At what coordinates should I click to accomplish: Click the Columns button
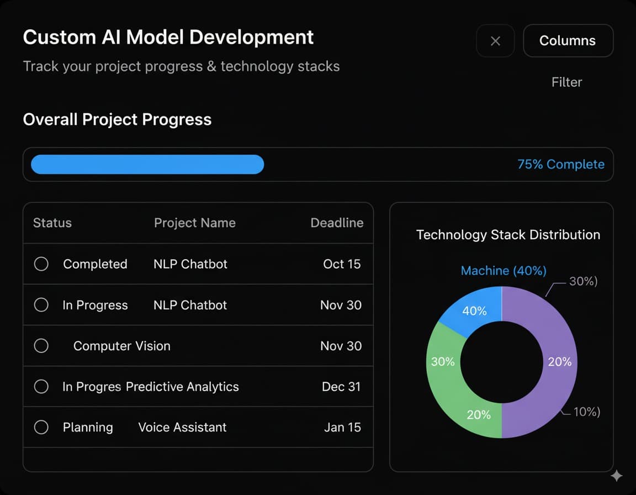pyautogui.click(x=568, y=41)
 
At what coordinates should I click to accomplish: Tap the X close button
pyautogui.click(x=495, y=41)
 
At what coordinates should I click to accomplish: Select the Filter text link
pyautogui.click(x=566, y=82)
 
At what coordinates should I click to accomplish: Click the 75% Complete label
pyautogui.click(x=560, y=165)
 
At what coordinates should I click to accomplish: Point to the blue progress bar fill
pyautogui.click(x=147, y=165)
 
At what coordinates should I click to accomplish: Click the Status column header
pyautogui.click(x=52, y=223)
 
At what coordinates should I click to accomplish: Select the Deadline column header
pyautogui.click(x=337, y=223)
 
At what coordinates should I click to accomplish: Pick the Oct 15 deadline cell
pyautogui.click(x=342, y=264)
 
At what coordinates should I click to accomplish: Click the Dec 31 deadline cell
pyautogui.click(x=341, y=387)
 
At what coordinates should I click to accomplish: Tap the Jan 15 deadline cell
pyautogui.click(x=342, y=428)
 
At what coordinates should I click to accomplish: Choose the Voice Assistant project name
pyautogui.click(x=182, y=428)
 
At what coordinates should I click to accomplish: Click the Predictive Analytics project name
pyautogui.click(x=182, y=387)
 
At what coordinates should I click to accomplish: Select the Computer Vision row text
pyautogui.click(x=122, y=346)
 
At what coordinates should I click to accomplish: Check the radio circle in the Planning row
pyautogui.click(x=41, y=428)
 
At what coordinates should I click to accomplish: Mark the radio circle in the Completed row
pyautogui.click(x=41, y=264)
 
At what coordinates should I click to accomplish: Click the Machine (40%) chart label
pyautogui.click(x=504, y=271)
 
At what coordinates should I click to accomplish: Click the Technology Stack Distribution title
pyautogui.click(x=508, y=235)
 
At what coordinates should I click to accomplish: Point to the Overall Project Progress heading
pyautogui.click(x=117, y=120)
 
